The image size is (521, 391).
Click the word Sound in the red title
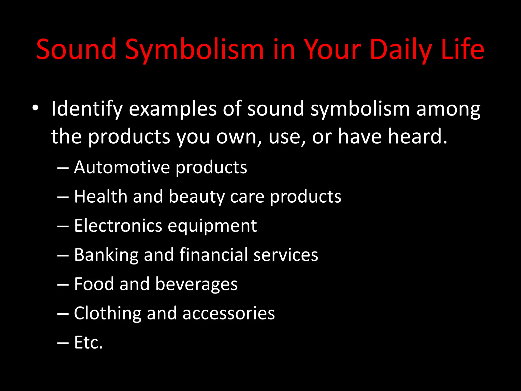pyautogui.click(x=76, y=49)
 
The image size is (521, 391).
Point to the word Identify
pyautogui.click(x=87, y=109)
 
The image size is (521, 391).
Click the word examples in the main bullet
pyautogui.click(x=173, y=109)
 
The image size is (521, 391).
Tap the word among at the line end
pyautogui.click(x=448, y=109)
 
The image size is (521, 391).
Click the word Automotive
pyautogui.click(x=122, y=167)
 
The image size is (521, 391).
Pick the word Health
pyautogui.click(x=100, y=197)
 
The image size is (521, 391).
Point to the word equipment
pyautogui.click(x=212, y=226)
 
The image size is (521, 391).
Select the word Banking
pyautogui.click(x=106, y=255)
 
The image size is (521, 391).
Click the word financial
pyautogui.click(x=213, y=255)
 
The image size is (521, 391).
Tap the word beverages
pyautogui.click(x=196, y=284)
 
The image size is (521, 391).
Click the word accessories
pyautogui.click(x=228, y=313)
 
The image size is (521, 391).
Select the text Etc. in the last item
pyautogui.click(x=88, y=342)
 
